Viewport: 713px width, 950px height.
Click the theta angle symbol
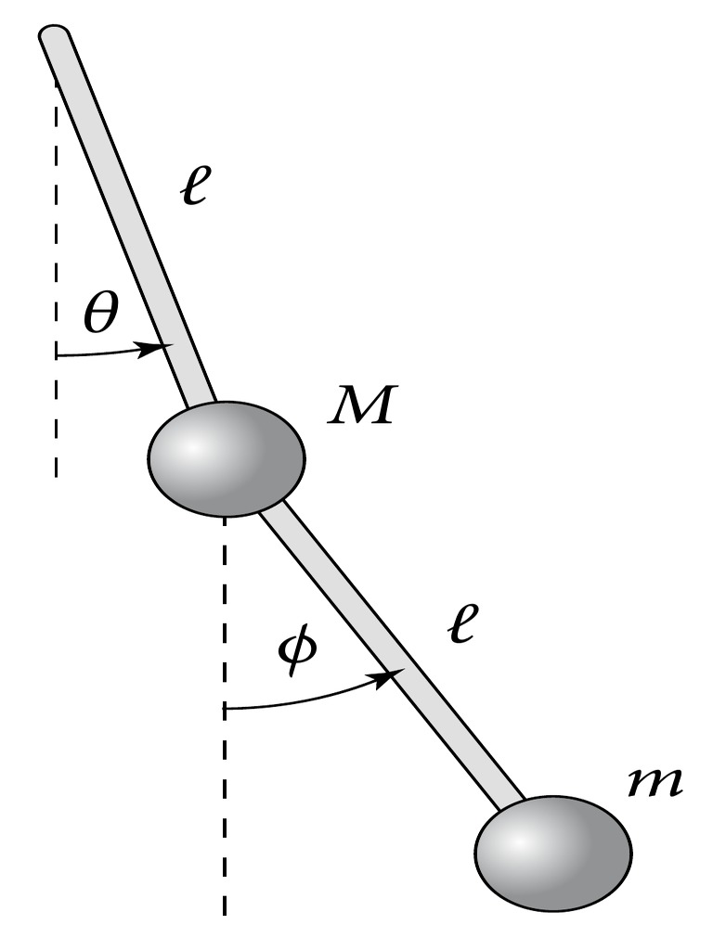tap(100, 315)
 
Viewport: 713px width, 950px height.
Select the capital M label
tap(362, 404)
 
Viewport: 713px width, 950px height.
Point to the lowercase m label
tap(655, 782)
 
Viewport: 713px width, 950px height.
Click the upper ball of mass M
tap(227, 458)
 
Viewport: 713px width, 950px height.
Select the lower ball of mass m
tap(554, 854)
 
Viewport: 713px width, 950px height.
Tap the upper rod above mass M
tap(128, 217)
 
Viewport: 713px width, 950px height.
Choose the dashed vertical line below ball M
tap(225, 715)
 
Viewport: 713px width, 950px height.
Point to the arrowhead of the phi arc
tap(389, 678)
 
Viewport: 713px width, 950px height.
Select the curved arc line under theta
tap(110, 353)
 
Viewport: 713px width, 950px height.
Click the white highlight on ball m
tap(519, 843)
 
